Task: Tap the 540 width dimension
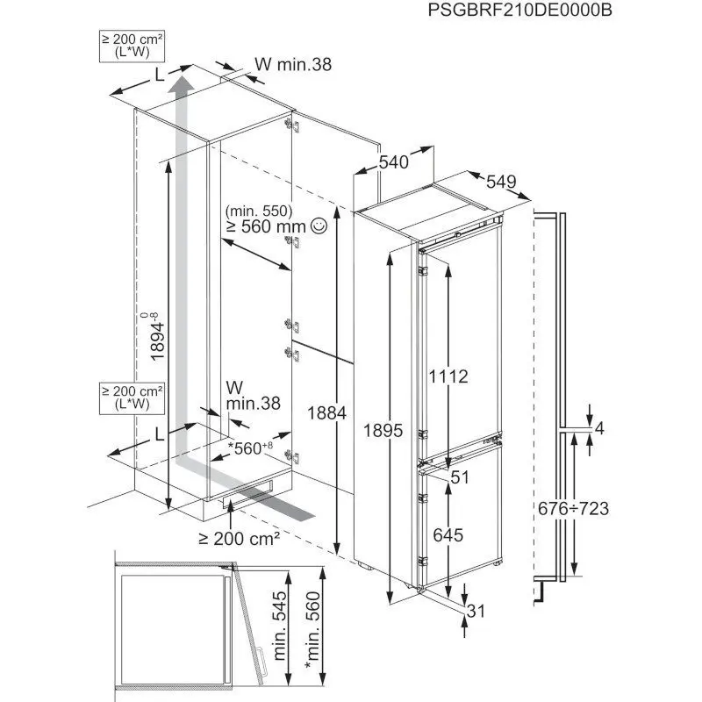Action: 395,161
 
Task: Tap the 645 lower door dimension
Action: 450,534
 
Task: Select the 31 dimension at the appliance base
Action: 477,612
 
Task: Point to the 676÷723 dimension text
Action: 573,508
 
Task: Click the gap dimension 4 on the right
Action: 599,429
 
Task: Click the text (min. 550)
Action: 255,211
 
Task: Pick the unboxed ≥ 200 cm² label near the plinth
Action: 240,537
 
